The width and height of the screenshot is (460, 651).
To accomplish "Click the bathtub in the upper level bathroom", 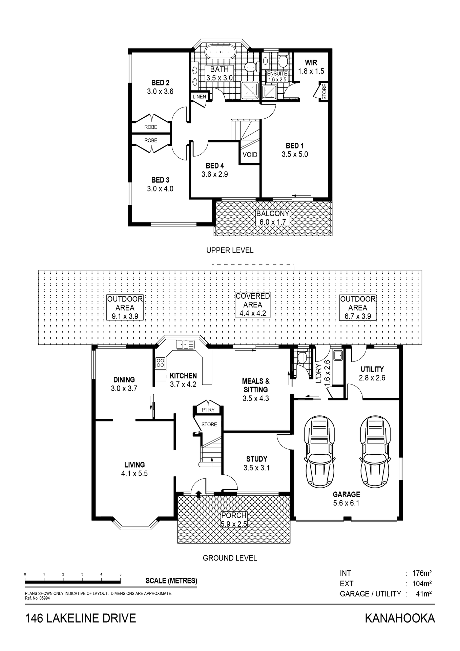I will click(220, 52).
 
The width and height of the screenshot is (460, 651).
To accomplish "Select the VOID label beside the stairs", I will click(250, 155).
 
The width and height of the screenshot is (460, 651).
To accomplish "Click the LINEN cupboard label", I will click(199, 97).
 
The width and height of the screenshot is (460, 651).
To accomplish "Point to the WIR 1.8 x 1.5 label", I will click(311, 67).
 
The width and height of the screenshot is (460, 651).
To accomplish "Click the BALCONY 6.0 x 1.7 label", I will click(272, 218).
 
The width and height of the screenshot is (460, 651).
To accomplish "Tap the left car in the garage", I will click(319, 451).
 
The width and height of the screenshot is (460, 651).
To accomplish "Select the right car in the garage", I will click(375, 451).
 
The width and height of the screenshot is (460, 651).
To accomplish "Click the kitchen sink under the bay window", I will click(185, 345).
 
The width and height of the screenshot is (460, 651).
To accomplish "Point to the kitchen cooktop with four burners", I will click(160, 363).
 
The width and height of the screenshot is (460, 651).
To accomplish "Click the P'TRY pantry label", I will click(208, 410).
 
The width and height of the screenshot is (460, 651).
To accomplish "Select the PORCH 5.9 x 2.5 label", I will click(234, 519).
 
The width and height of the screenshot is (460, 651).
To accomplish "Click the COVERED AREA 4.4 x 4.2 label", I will click(253, 304).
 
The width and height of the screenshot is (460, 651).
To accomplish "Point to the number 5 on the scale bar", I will click(121, 574).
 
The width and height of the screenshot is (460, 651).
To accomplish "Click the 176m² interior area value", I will click(421, 573).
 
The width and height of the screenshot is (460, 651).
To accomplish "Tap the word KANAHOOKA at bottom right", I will click(399, 618).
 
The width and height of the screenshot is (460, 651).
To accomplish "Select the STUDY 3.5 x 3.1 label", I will click(256, 463).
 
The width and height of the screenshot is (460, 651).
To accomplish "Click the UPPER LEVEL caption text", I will click(230, 250).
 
